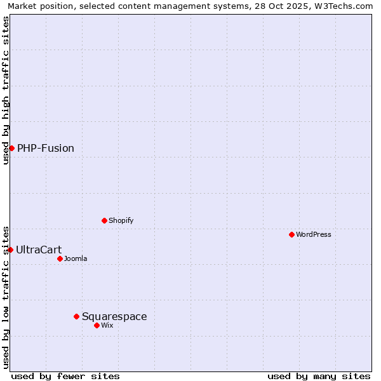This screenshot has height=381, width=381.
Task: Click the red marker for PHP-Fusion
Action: coord(11,148)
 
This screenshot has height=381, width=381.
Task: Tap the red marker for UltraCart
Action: coord(10,250)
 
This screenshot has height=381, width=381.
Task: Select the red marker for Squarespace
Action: coord(76,316)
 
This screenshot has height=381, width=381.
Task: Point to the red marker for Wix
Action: coord(97,325)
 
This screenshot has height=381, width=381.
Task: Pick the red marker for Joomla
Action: coord(60,258)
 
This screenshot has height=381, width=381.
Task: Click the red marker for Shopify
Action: coord(104,220)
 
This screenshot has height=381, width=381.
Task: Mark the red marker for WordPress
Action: coord(291,234)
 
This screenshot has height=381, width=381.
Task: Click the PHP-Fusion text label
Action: coord(46,149)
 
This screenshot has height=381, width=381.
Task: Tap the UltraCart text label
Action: coord(39,250)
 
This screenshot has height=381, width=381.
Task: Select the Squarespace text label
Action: coord(114,317)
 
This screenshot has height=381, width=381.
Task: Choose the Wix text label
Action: coord(107,326)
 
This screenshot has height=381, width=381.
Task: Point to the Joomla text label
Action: coord(76,259)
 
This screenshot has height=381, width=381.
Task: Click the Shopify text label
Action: coord(121,221)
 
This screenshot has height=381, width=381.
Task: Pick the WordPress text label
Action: coord(314,235)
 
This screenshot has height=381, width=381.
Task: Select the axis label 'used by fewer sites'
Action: coord(65,376)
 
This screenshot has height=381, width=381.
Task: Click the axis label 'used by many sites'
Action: coord(319,376)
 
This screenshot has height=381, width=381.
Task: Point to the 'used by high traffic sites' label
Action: coord(6,90)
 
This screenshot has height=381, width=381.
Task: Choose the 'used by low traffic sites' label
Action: coord(6,297)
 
